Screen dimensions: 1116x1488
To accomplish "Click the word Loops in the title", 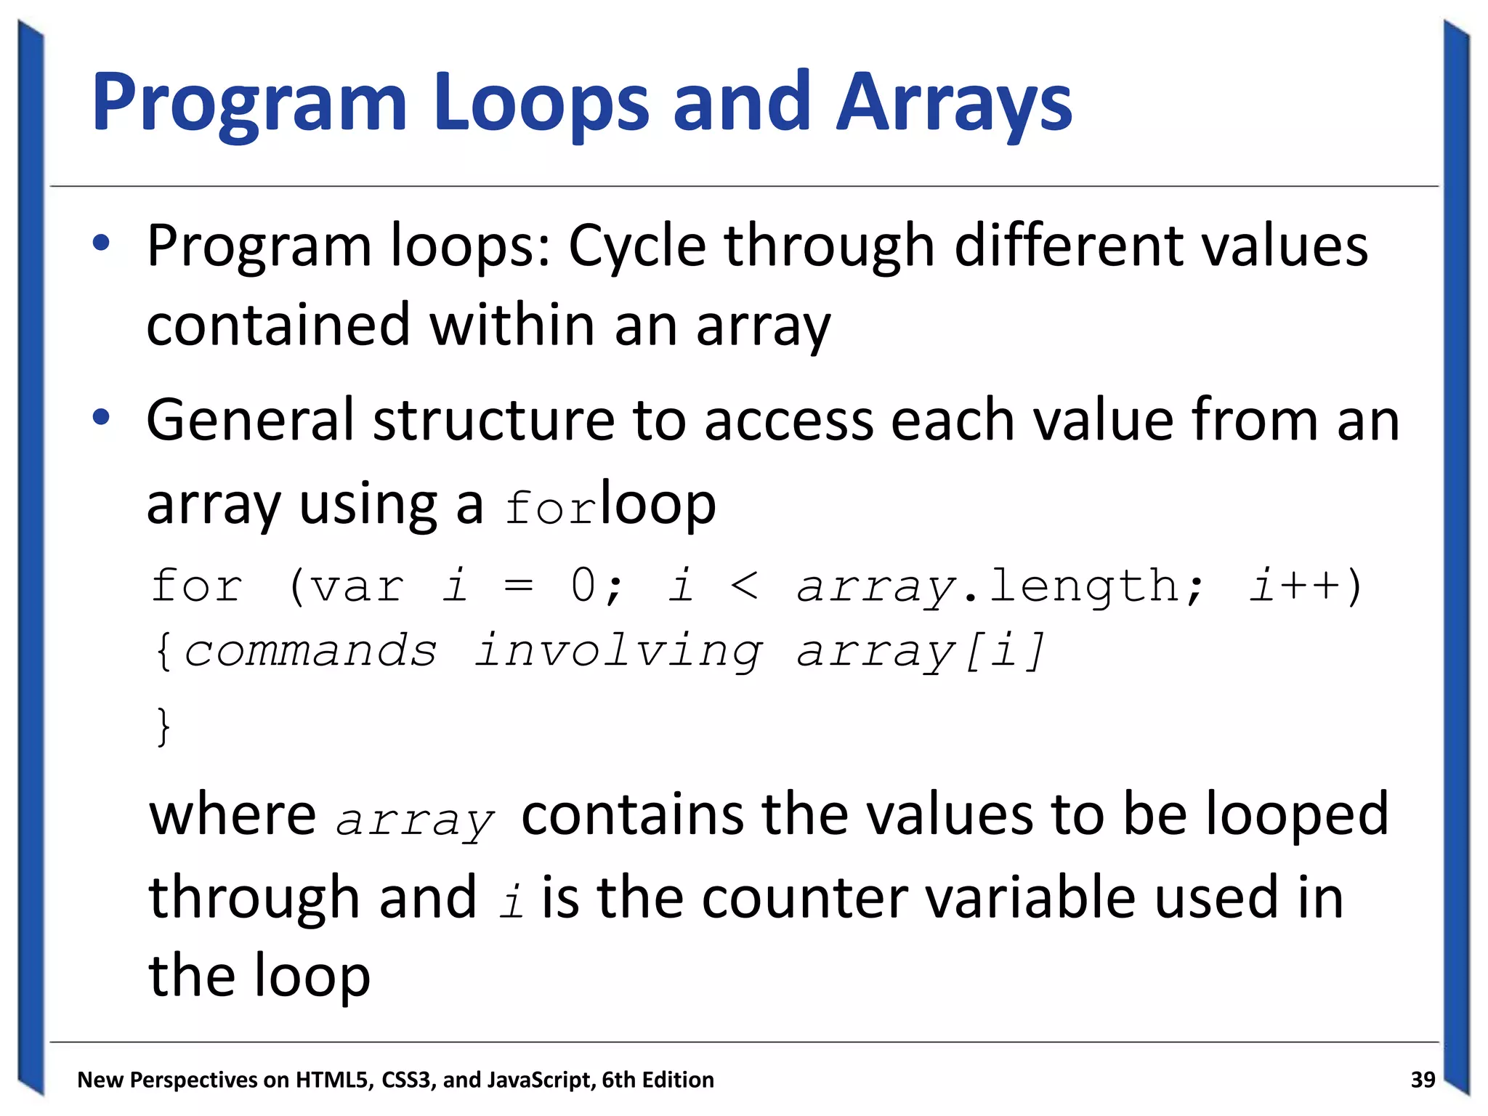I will coord(541,103).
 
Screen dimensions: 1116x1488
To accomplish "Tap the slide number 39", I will coord(1423,1080).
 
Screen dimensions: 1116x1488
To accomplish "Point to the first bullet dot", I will coord(101,243).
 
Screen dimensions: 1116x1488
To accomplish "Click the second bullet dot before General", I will coord(101,417).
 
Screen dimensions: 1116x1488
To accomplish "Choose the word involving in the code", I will coord(618,652).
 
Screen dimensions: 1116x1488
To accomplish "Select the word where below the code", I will coord(232,815).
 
